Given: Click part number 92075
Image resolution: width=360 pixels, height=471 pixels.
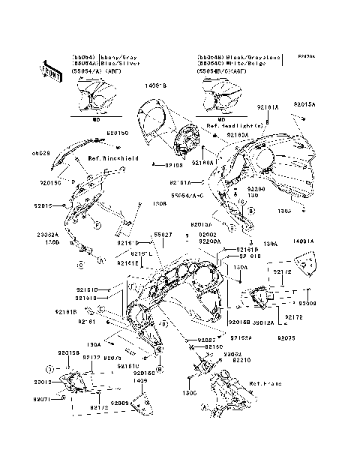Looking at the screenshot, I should [287, 338].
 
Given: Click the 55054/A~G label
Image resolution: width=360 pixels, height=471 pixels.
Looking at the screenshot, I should [187, 194].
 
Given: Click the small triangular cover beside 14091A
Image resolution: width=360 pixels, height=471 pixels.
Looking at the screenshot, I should [304, 264].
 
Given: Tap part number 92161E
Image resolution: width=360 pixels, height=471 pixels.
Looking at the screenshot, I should [127, 263].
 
